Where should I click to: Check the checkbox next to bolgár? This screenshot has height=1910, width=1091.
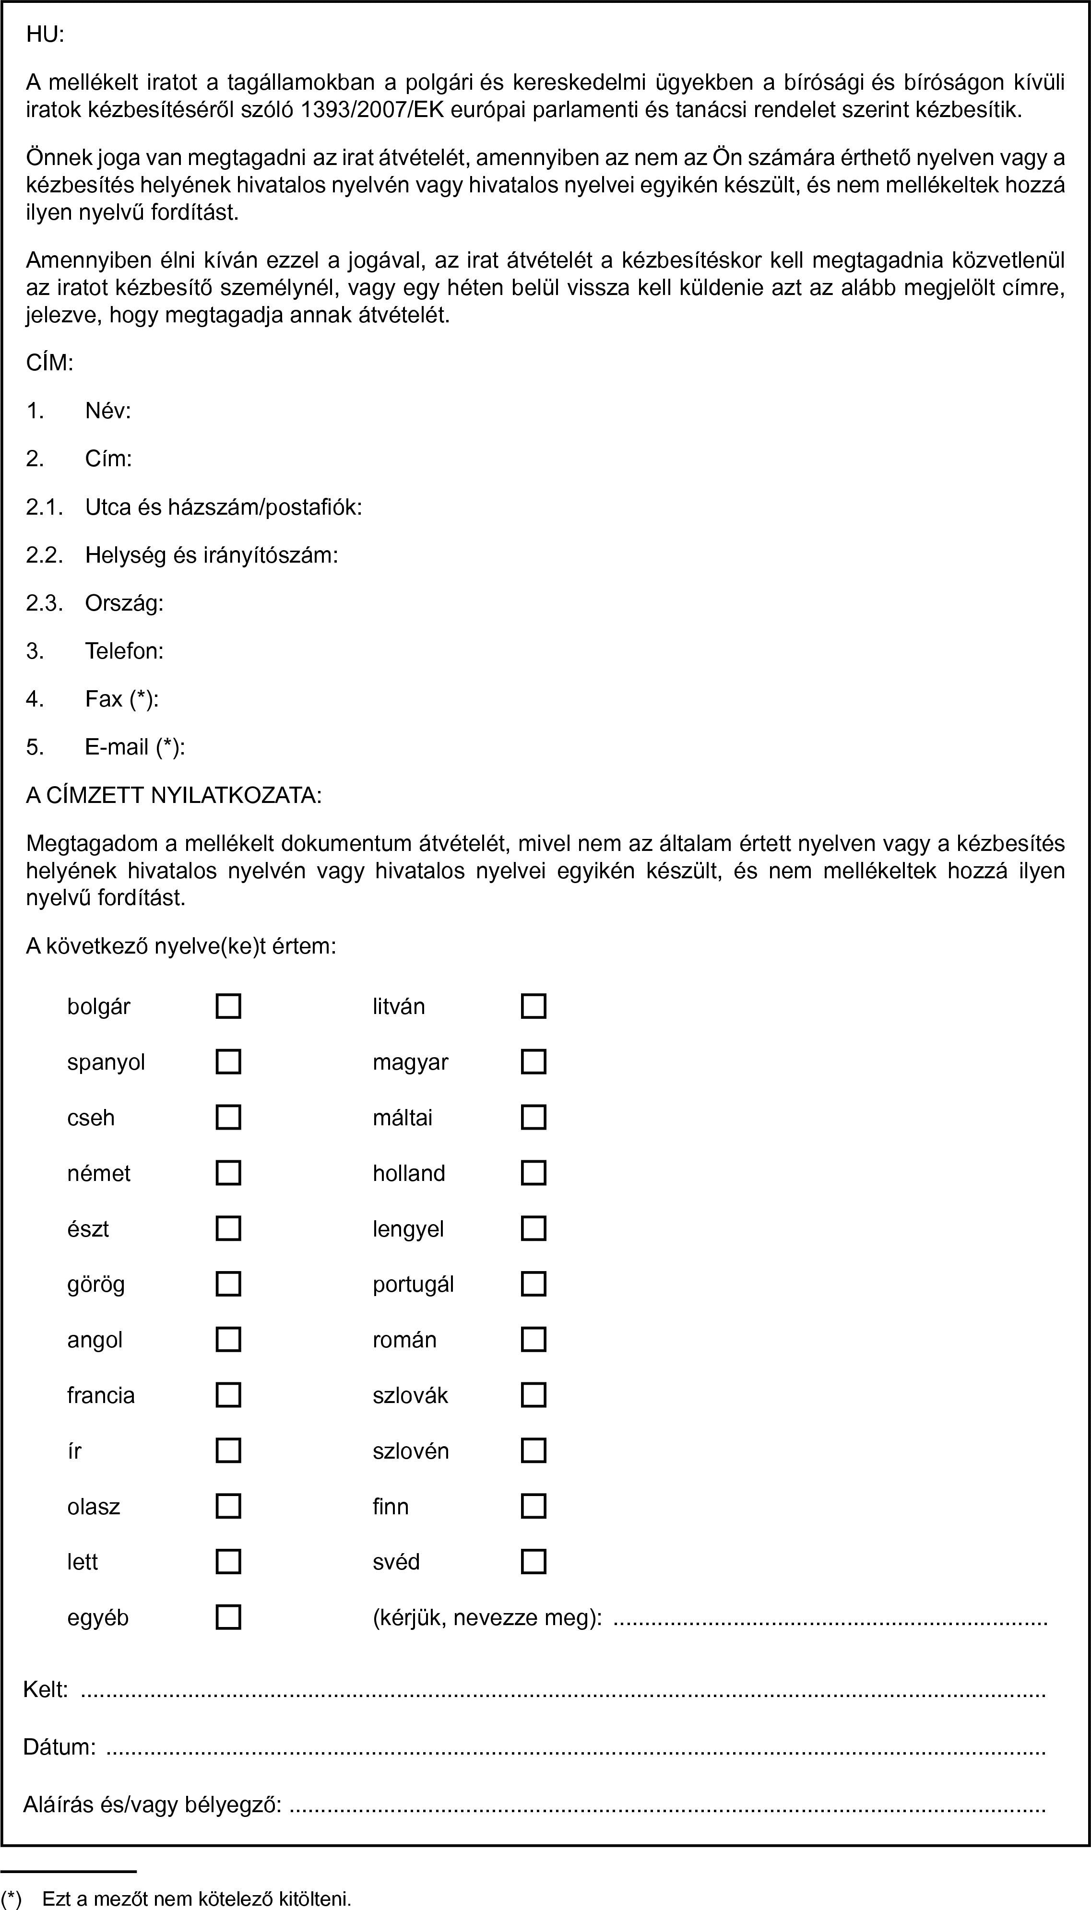click(228, 1006)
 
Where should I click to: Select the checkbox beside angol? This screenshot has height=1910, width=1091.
click(228, 1339)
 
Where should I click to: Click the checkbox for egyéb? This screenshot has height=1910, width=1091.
click(228, 1617)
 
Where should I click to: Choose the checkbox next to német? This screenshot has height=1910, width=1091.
click(228, 1172)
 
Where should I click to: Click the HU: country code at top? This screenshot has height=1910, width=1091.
click(45, 35)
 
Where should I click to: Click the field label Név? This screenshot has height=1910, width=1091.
click(108, 411)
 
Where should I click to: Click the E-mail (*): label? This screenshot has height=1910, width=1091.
click(135, 747)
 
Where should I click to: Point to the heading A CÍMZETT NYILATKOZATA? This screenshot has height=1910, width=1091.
click(174, 795)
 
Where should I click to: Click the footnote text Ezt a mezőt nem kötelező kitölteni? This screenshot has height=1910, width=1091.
click(196, 1892)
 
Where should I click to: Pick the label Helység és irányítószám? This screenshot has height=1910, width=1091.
click(211, 555)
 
